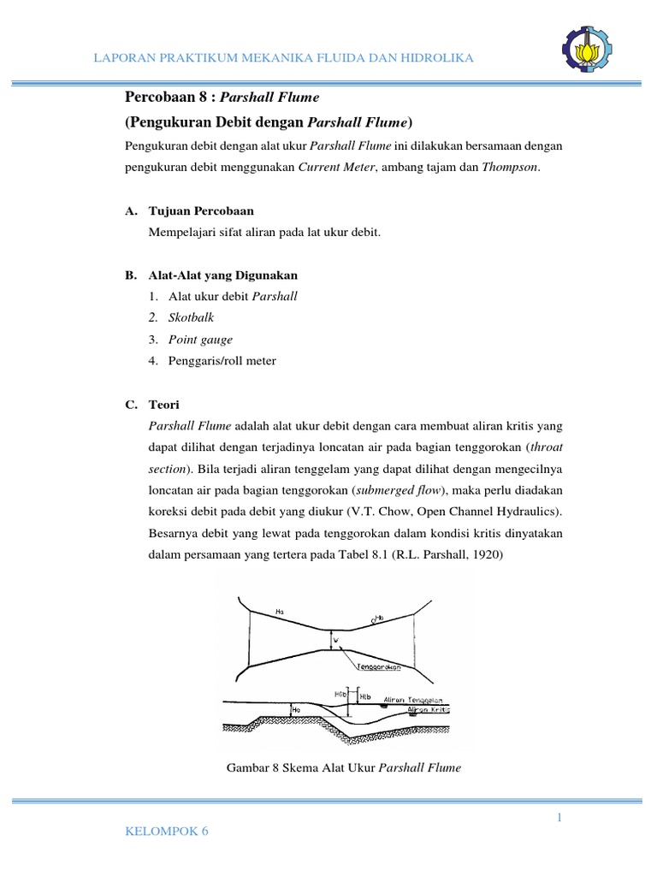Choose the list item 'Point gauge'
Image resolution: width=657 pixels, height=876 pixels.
[x=200, y=340]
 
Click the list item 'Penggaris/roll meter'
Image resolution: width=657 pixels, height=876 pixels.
[x=222, y=361]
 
